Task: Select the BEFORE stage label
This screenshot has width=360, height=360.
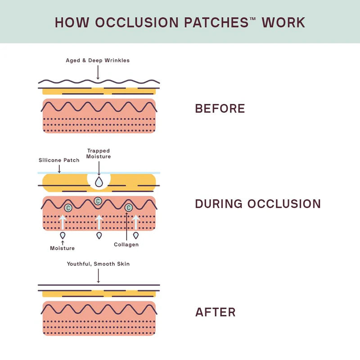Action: pyautogui.click(x=220, y=108)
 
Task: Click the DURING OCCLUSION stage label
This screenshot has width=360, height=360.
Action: pyautogui.click(x=258, y=204)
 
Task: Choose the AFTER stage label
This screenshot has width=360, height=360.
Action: pyautogui.click(x=215, y=312)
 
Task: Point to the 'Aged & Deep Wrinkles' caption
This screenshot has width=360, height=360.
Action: pyautogui.click(x=98, y=60)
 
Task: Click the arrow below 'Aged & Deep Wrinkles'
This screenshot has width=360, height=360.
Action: pyautogui.click(x=98, y=72)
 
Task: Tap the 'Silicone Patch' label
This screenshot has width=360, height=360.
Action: pyautogui.click(x=58, y=160)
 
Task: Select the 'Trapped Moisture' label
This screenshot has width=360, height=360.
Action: pyautogui.click(x=99, y=154)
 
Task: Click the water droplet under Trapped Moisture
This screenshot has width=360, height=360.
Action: pyautogui.click(x=99, y=181)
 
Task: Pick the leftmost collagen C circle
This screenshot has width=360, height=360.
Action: pyautogui.click(x=68, y=207)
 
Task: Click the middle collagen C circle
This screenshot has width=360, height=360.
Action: pyautogui.click(x=97, y=201)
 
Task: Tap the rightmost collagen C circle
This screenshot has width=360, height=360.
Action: pyautogui.click(x=128, y=207)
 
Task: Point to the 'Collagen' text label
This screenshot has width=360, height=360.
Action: pyautogui.click(x=126, y=244)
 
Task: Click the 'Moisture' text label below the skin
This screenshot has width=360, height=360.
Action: pyautogui.click(x=62, y=248)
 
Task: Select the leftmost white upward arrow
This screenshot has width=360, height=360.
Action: pyautogui.click(x=63, y=222)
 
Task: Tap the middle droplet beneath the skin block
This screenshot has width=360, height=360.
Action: pyautogui.click(x=99, y=235)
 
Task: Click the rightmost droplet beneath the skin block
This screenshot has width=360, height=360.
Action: pyautogui.click(x=136, y=235)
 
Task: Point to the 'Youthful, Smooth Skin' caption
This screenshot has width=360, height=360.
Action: pyautogui.click(x=98, y=264)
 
